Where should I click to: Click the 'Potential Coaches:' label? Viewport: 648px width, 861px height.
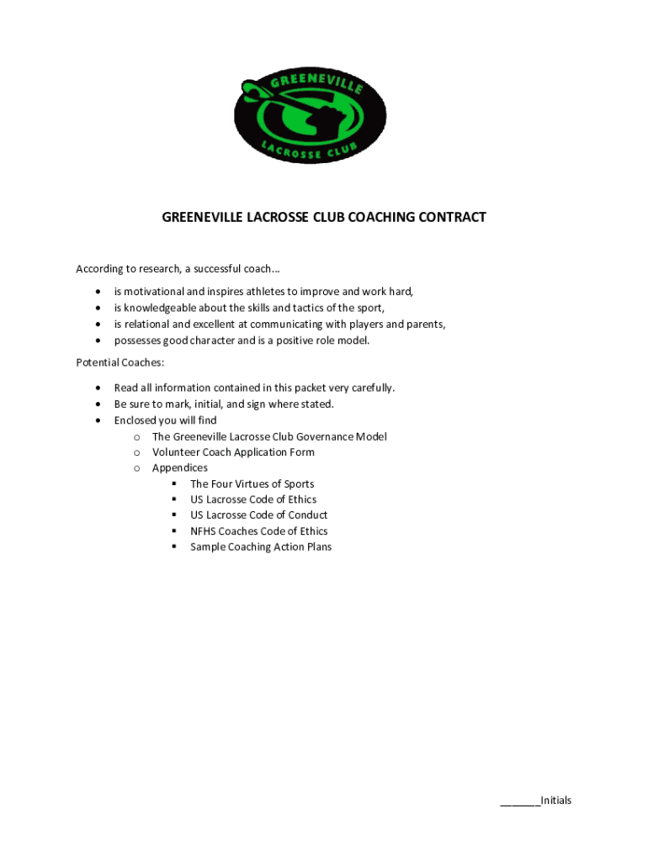coord(120,363)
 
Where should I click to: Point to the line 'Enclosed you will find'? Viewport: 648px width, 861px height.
coord(165,420)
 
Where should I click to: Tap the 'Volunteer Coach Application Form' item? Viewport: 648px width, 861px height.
coord(233,452)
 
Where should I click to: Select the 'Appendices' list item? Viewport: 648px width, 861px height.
coord(179,467)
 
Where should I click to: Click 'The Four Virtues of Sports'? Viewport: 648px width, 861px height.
coord(252,483)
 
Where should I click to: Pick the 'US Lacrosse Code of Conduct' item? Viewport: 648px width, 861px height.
coord(258,515)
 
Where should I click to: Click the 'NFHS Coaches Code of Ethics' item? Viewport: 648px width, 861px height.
coord(258,531)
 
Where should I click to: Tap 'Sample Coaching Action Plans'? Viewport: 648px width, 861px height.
coord(260,547)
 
